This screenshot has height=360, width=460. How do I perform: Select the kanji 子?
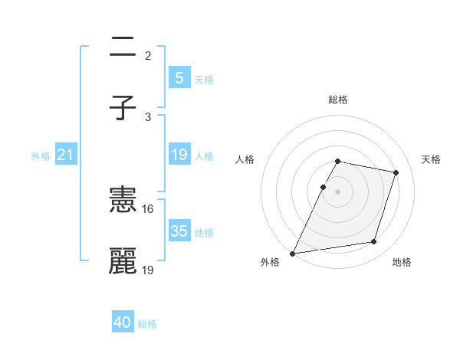[x=123, y=107]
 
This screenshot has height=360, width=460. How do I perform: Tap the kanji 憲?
[x=123, y=201]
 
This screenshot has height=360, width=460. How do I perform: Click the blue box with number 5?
[x=179, y=78]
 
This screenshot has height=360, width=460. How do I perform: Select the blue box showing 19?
[x=179, y=155]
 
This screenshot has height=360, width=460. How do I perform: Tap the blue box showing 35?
[x=179, y=231]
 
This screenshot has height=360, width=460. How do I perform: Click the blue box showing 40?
[x=123, y=323]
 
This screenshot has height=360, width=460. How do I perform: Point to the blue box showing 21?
[x=65, y=155]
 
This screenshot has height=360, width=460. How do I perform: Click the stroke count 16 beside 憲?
[x=148, y=209]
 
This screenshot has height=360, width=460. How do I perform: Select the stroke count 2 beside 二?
[x=147, y=55]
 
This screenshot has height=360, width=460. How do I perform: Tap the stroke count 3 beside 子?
[x=147, y=116]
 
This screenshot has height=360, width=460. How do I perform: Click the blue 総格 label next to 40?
[x=148, y=324]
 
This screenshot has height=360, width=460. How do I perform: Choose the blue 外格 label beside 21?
[x=41, y=156]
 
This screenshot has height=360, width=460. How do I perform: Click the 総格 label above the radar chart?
[x=338, y=100]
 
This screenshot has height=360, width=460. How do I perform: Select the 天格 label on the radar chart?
[x=432, y=159]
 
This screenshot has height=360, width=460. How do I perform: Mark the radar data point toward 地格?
[x=374, y=242]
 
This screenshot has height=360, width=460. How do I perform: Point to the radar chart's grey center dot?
[x=338, y=191]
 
